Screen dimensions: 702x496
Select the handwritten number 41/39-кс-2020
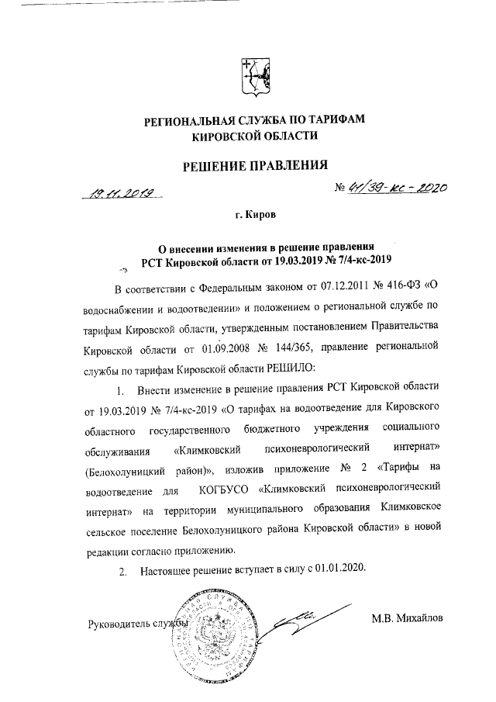pos(391,187)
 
